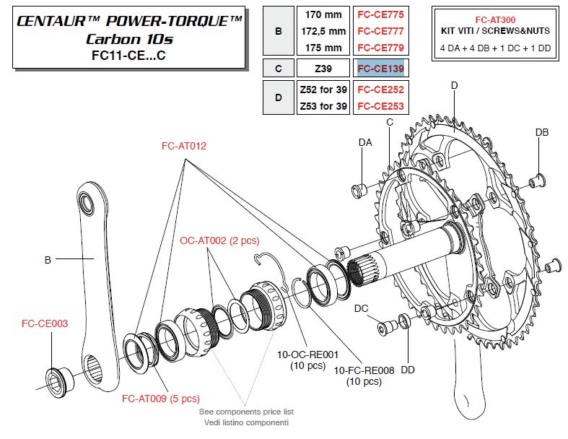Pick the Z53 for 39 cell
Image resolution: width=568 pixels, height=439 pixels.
point(323,106)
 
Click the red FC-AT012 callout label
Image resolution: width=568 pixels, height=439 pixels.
point(184,146)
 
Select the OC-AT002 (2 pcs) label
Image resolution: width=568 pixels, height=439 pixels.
point(219,240)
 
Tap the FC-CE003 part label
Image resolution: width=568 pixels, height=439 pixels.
point(45,323)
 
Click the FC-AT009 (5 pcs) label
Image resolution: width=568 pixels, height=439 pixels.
point(160,399)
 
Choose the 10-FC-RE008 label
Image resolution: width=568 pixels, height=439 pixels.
point(364,370)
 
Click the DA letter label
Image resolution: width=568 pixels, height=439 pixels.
point(366,143)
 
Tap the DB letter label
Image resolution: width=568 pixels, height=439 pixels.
point(542,132)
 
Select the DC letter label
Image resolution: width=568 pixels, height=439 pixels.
point(362,308)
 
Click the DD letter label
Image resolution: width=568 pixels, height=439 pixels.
point(408,370)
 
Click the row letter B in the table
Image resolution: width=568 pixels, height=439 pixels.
point(279,31)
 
